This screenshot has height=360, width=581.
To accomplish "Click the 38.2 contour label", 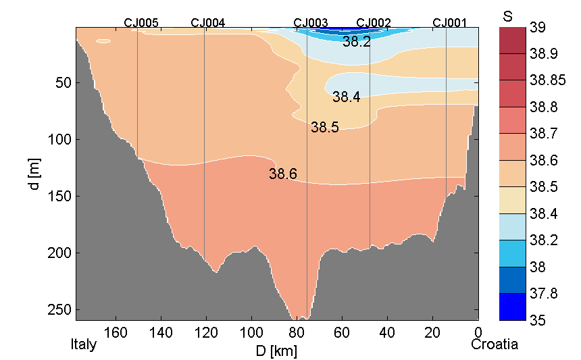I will click(x=356, y=42).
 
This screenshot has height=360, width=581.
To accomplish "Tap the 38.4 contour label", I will click(x=346, y=97).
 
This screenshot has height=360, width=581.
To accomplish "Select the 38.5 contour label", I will click(x=324, y=127).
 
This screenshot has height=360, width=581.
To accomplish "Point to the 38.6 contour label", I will click(x=282, y=174).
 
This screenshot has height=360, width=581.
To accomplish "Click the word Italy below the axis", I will click(x=84, y=344).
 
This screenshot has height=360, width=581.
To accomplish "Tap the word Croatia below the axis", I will click(x=495, y=344).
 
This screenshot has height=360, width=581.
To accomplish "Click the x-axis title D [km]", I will click(x=276, y=351).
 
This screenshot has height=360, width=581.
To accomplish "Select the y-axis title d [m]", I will click(x=36, y=174).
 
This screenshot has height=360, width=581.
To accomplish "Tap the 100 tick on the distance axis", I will click(x=252, y=332).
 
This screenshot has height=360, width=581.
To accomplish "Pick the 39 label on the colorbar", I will click(x=538, y=28).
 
